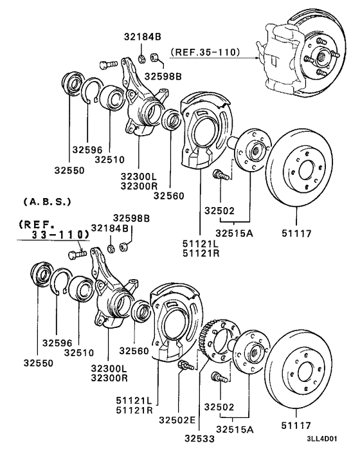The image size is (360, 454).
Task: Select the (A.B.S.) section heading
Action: (47, 202)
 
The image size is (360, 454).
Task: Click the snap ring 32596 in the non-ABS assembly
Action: (93, 96)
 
